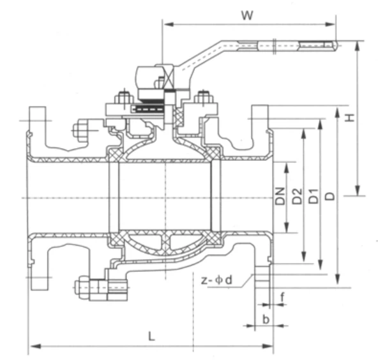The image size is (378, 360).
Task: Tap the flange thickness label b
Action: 266,317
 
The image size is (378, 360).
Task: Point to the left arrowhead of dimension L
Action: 32,347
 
